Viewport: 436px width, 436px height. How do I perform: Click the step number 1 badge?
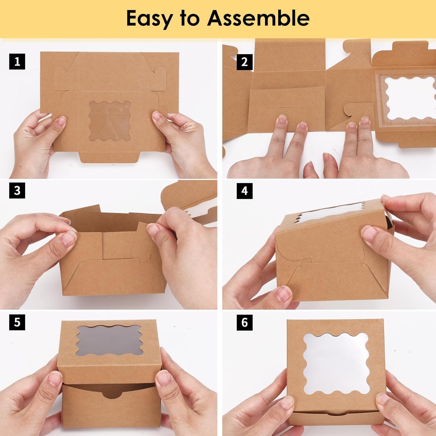(17, 62)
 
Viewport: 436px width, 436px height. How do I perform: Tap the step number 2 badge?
(244, 62)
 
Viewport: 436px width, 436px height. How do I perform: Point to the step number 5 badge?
(17, 322)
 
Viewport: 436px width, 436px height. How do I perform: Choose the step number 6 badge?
(244, 322)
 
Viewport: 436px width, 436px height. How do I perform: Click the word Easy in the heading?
(149, 18)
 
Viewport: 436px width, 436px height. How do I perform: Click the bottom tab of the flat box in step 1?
(109, 157)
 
